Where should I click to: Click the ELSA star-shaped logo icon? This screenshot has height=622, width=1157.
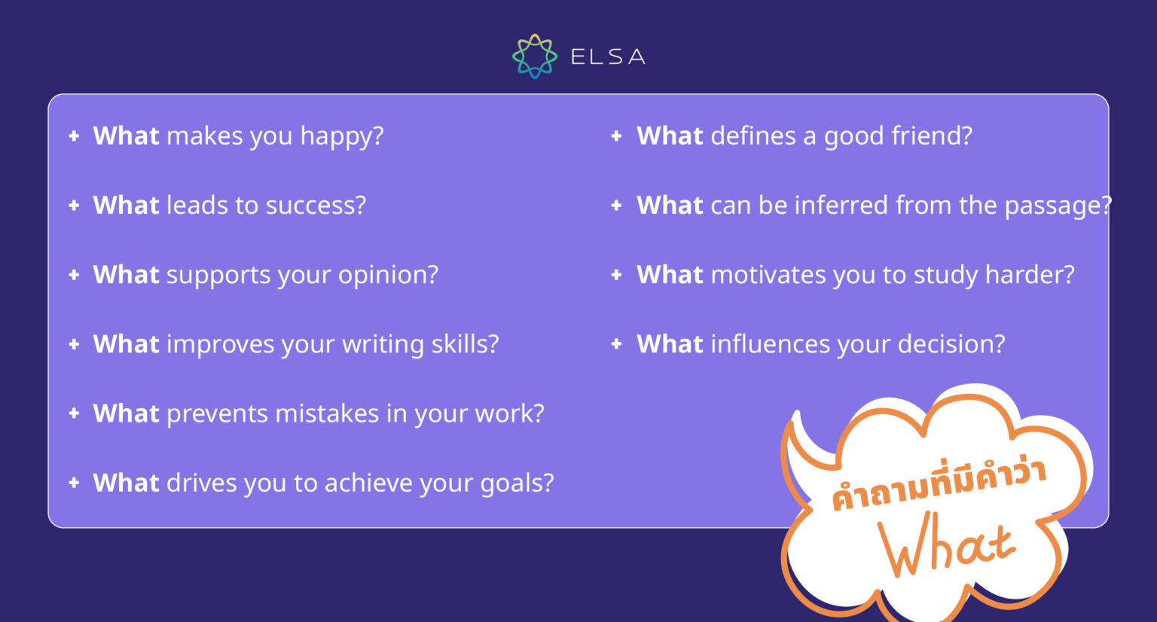(534, 56)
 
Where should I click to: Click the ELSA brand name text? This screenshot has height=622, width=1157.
(607, 57)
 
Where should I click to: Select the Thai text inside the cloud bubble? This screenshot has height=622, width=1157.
(939, 483)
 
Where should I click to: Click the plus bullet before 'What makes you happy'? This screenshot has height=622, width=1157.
(74, 136)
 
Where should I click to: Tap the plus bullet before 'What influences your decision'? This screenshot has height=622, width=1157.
(616, 344)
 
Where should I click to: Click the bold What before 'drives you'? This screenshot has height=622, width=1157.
(126, 483)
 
